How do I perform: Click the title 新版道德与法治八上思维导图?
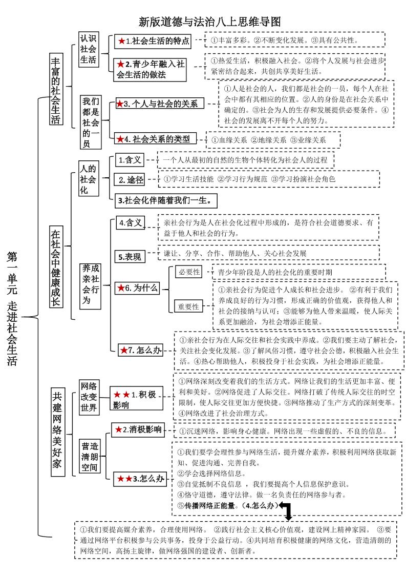210,22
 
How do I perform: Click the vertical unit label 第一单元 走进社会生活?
13,307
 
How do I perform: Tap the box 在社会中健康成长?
56,266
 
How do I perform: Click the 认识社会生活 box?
88,50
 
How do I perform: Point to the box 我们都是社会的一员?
91,122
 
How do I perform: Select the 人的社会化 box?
88,179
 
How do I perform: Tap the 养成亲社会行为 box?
91,284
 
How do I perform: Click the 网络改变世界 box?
89,397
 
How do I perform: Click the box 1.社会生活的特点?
153,41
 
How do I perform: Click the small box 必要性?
188,272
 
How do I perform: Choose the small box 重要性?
188,306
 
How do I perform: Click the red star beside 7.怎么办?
124,351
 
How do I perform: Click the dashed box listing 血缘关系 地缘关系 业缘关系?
273,139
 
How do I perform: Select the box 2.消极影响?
138,429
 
